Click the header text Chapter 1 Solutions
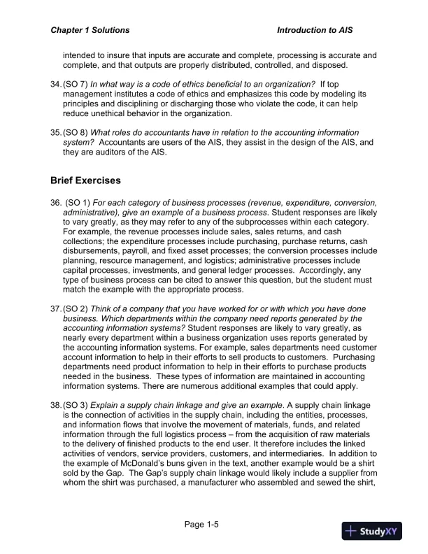point(90,31)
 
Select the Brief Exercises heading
point(85,180)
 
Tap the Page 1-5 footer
point(203,523)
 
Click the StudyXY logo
point(371,531)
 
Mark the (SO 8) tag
point(75,133)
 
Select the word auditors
point(104,152)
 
